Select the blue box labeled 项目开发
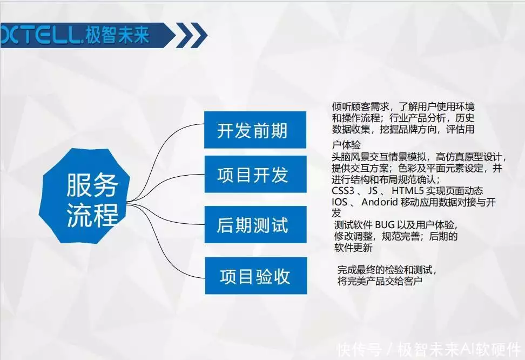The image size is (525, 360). click(255, 175)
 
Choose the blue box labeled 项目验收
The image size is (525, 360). click(255, 276)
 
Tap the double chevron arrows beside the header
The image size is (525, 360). click(192, 36)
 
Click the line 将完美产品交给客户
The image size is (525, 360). click(380, 281)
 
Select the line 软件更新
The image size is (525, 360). click(353, 248)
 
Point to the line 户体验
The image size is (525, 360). click(346, 145)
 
